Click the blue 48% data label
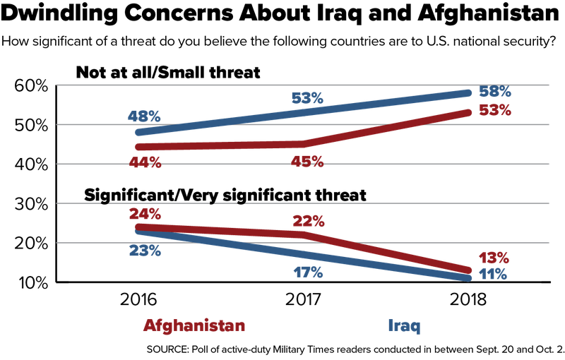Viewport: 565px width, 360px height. [x=144, y=114]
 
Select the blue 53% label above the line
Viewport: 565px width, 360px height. [x=307, y=97]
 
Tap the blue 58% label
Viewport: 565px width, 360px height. [x=494, y=92]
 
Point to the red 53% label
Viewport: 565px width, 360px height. [x=494, y=110]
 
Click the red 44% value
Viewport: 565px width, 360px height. [x=145, y=162]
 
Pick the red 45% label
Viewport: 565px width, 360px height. [x=307, y=162]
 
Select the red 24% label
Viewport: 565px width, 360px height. [x=145, y=212]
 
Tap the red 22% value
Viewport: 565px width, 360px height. [x=308, y=221]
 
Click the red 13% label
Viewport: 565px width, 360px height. [x=492, y=257]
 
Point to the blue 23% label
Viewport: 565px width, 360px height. [x=145, y=250]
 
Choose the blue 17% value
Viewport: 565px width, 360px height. [x=307, y=272]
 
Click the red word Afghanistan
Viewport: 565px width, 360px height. [x=194, y=326]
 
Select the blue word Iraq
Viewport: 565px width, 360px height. [x=405, y=326]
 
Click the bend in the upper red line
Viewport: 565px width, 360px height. [x=304, y=144]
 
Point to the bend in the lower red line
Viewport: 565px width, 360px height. [x=306, y=234]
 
